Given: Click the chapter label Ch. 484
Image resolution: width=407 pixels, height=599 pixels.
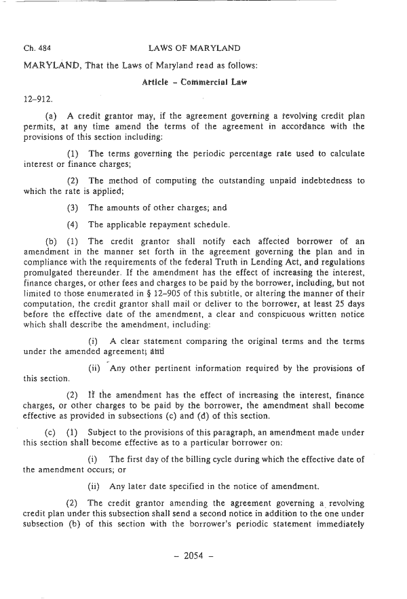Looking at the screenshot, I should (x=35, y=48).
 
